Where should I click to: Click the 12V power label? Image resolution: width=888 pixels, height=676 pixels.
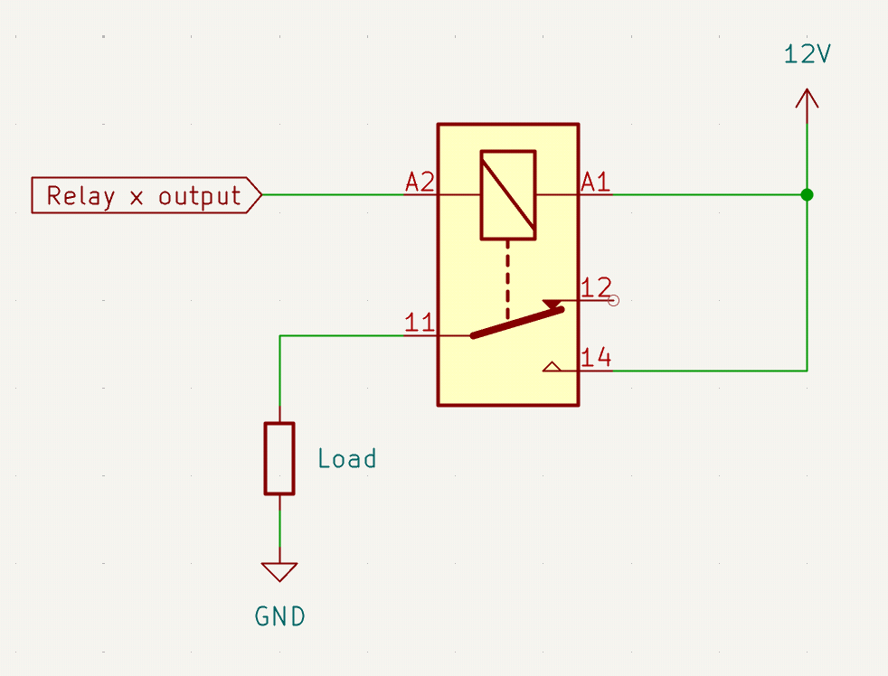pos(807,54)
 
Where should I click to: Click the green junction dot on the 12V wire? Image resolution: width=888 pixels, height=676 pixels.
pos(807,194)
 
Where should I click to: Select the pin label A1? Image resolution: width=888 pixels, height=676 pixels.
pos(595,183)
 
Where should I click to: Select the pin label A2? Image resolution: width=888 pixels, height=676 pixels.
pos(420,183)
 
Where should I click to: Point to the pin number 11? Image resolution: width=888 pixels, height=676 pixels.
pos(420,324)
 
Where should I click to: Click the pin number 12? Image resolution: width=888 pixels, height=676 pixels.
pos(596,288)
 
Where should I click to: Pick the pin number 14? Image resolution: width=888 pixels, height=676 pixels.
pos(596,358)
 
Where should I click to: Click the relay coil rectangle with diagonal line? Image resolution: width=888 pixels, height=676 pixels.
pos(507,194)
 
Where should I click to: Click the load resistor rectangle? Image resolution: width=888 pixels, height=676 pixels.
pos(279,458)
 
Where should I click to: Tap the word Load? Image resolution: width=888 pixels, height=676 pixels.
pos(346,459)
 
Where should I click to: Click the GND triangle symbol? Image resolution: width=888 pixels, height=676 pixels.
pos(279,571)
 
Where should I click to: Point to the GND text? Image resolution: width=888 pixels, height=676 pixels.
pos(279,617)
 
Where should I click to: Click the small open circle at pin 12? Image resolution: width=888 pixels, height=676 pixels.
pos(614,301)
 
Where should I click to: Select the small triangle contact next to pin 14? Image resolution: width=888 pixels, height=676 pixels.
pos(552,367)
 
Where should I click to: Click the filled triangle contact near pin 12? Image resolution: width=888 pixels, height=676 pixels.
pos(552,305)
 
